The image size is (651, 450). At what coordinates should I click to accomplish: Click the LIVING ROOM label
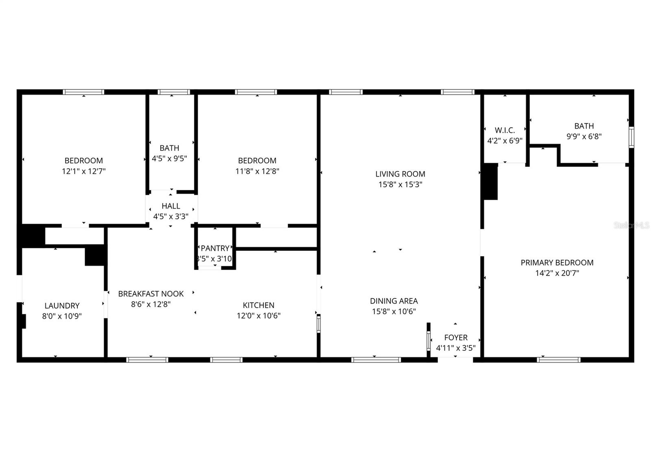click(x=400, y=174)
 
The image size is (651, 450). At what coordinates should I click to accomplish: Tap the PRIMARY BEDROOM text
click(x=557, y=263)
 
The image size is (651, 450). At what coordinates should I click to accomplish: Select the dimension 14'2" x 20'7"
click(x=557, y=273)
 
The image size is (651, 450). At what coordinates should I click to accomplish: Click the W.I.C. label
click(x=505, y=130)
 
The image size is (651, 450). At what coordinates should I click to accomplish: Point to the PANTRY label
click(x=215, y=248)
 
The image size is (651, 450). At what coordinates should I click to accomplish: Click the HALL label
click(x=170, y=206)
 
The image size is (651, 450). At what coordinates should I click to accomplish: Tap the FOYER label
click(x=456, y=337)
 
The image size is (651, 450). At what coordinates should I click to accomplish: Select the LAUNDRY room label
click(x=62, y=306)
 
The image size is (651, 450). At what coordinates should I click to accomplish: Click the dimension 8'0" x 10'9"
click(x=62, y=316)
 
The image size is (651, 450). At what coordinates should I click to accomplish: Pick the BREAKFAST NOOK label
click(x=151, y=293)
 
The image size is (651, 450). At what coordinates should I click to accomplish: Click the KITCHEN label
click(x=258, y=305)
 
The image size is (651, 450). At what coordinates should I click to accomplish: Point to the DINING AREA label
click(x=393, y=301)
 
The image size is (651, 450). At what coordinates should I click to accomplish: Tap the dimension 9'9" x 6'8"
click(x=584, y=137)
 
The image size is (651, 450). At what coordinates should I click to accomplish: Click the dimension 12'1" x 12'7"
click(x=83, y=171)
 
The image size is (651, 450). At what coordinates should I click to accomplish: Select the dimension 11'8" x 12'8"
click(x=257, y=171)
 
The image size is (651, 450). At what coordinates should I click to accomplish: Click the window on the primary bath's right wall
click(x=631, y=137)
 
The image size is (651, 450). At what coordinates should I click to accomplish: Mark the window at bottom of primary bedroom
click(x=559, y=359)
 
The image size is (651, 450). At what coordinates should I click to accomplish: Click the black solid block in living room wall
click(x=490, y=181)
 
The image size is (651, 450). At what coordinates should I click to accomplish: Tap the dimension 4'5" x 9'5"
click(x=169, y=159)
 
